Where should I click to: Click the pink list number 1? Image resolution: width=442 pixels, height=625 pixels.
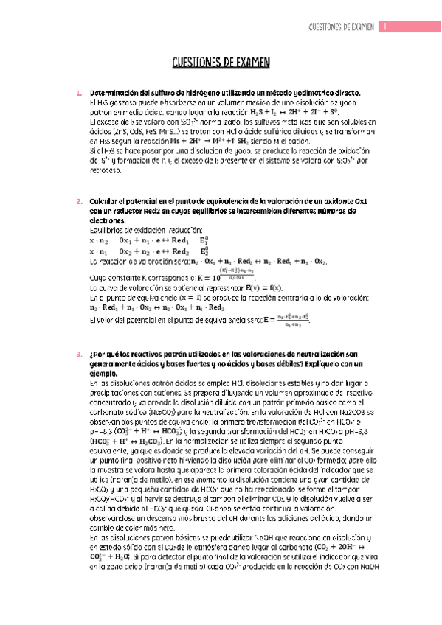coord(80,93)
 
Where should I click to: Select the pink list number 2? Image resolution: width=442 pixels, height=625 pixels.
coord(80,201)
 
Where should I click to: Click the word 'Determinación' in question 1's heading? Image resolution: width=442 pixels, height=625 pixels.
coord(115,93)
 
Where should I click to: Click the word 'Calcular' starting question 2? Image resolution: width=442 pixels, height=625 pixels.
coord(103,201)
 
